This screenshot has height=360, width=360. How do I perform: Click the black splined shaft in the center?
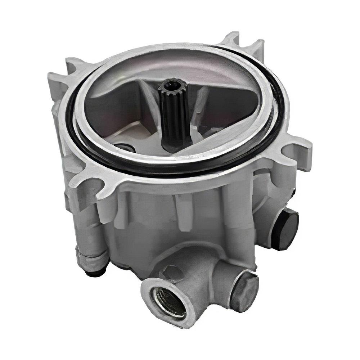tap(175, 115)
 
